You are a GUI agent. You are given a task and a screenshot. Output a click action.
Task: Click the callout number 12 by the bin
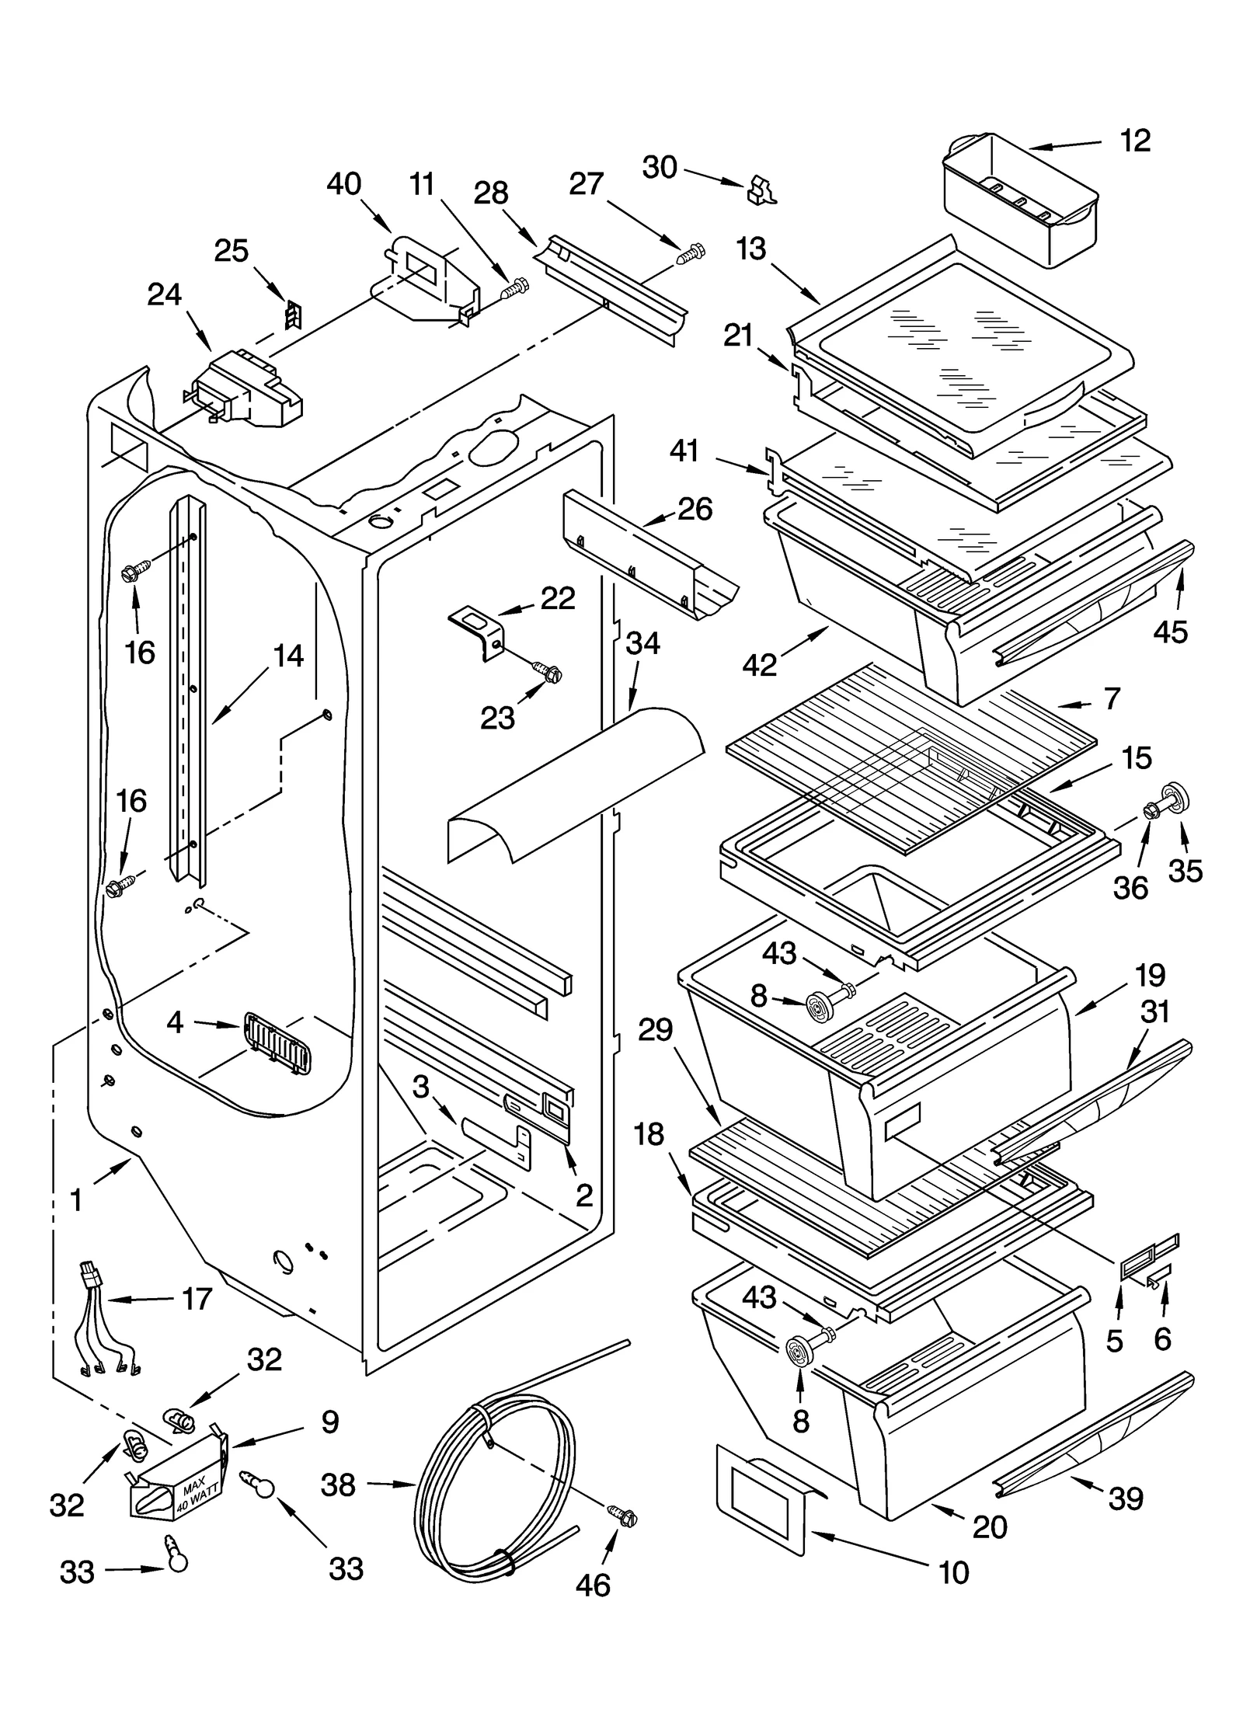[x=1135, y=141]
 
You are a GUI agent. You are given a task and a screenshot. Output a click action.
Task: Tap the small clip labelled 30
[x=761, y=190]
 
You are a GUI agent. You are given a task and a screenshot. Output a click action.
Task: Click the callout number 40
[x=343, y=184]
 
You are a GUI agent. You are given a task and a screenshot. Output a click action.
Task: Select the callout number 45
[x=1170, y=632]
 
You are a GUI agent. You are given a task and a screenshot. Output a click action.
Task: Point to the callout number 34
[x=642, y=643]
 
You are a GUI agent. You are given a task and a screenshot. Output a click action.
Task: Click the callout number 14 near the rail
[x=287, y=656]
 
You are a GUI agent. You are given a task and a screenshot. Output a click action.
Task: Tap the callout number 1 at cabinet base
[x=76, y=1200]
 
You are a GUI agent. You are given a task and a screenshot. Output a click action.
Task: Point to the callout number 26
[x=695, y=509]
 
